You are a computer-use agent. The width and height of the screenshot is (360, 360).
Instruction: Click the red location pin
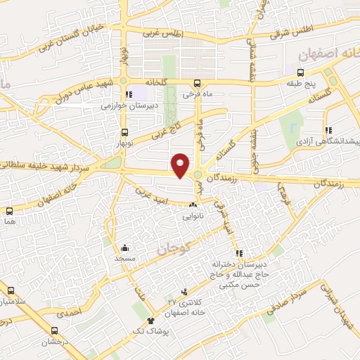[x=181, y=165]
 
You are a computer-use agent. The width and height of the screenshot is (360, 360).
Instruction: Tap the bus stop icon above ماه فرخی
[x=198, y=82]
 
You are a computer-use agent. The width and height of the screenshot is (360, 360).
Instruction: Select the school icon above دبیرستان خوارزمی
[x=127, y=94]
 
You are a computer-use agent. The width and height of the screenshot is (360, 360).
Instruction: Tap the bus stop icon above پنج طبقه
[x=301, y=72]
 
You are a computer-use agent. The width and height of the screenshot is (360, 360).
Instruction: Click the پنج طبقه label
[x=301, y=84]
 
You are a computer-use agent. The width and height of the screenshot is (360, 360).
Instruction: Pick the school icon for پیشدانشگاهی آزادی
[x=328, y=130]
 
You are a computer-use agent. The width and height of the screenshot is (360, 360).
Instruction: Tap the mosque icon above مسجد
[x=125, y=247]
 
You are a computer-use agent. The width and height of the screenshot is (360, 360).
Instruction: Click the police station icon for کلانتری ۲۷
[x=184, y=292]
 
